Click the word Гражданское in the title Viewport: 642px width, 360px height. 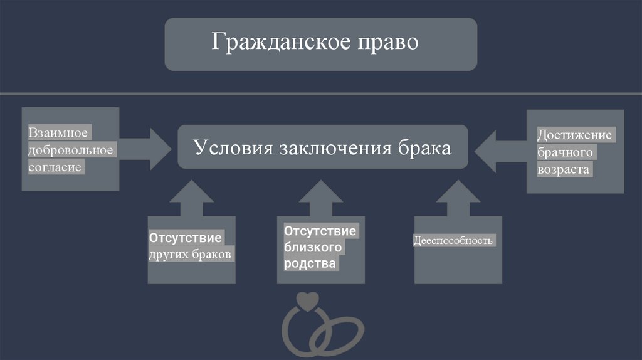(x=276, y=43)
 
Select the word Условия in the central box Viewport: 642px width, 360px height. (x=230, y=147)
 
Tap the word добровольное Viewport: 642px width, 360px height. (x=70, y=151)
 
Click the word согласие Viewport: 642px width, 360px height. (x=55, y=168)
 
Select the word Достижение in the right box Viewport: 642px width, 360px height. (x=574, y=135)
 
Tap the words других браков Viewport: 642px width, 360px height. (x=191, y=255)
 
